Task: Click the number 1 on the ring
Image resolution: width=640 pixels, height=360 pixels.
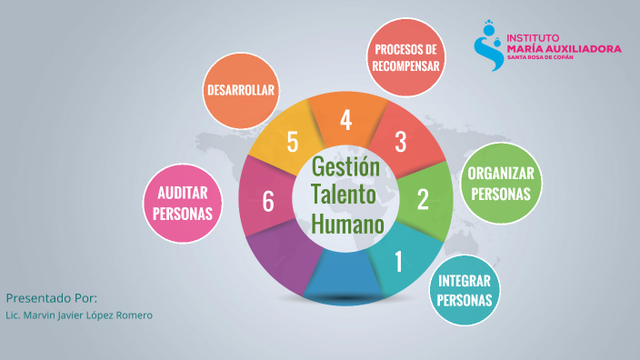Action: pyautogui.click(x=397, y=262)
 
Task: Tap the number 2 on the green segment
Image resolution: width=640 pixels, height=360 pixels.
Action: pyautogui.click(x=422, y=199)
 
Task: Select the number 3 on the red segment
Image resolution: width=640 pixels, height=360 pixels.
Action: pyautogui.click(x=400, y=142)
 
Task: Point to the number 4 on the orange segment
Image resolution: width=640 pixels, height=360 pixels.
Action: pyautogui.click(x=345, y=119)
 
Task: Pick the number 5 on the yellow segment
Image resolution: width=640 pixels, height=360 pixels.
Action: pyautogui.click(x=292, y=142)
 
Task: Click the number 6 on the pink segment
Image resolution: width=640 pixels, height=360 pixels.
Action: pyautogui.click(x=268, y=201)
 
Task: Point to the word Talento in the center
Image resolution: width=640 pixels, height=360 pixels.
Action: pyautogui.click(x=346, y=195)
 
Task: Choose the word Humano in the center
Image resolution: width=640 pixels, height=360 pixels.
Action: pyautogui.click(x=346, y=223)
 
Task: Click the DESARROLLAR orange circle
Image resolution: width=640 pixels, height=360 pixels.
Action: pyautogui.click(x=241, y=90)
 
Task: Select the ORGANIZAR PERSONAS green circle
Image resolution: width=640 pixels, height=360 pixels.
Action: pyautogui.click(x=499, y=183)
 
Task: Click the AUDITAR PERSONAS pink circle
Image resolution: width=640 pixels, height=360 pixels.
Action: pyautogui.click(x=184, y=203)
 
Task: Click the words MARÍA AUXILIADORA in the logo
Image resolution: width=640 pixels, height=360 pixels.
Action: pyautogui.click(x=564, y=47)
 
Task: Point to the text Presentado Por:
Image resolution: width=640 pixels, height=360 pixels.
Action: pyautogui.click(x=52, y=298)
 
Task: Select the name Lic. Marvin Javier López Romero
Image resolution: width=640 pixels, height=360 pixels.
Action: pyautogui.click(x=79, y=315)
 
